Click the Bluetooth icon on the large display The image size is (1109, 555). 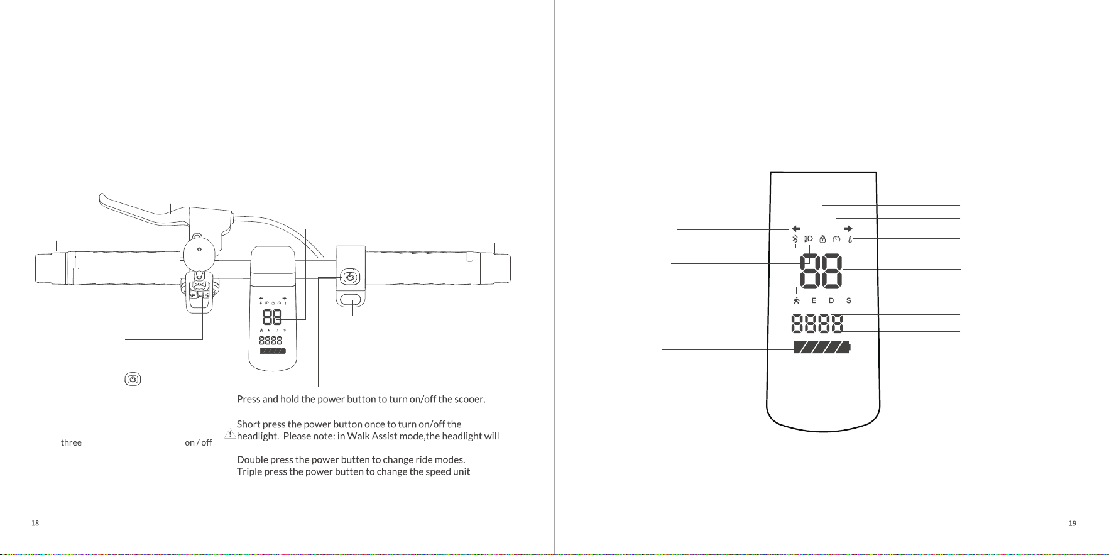click(x=794, y=239)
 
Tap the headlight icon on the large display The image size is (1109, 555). click(x=809, y=239)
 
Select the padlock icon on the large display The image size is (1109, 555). click(x=822, y=239)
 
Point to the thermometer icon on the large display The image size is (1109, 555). click(x=850, y=239)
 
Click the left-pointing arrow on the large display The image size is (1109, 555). click(x=796, y=229)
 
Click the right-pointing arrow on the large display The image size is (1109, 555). click(x=848, y=229)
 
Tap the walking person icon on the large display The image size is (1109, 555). click(x=797, y=300)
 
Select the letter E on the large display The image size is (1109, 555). click(x=814, y=300)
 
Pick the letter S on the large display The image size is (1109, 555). click(x=849, y=300)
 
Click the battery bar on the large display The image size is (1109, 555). click(x=822, y=347)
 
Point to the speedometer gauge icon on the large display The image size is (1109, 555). click(x=836, y=239)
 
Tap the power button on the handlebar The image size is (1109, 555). click(x=351, y=277)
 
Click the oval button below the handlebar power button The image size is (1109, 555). click(x=351, y=299)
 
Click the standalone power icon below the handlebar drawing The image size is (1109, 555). click(x=133, y=380)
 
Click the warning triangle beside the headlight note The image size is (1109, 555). click(x=231, y=434)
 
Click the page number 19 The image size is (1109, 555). click(x=1073, y=523)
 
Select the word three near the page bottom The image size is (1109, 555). click(x=71, y=442)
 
